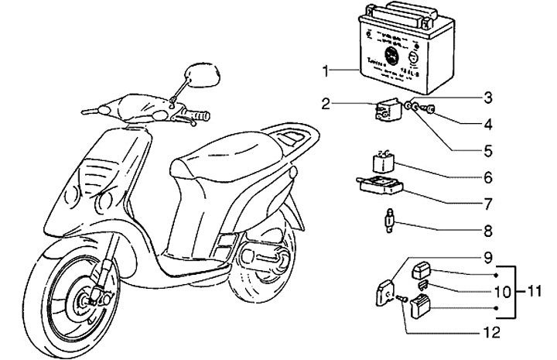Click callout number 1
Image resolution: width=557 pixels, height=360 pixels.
click(x=327, y=71)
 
